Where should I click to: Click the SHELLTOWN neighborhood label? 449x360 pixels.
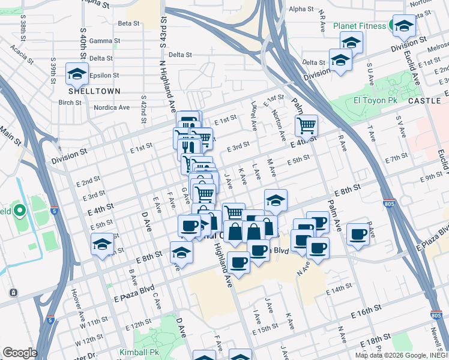click(94, 91)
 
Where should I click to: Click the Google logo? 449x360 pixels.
click(20, 353)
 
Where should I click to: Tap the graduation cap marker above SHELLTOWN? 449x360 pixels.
click(77, 73)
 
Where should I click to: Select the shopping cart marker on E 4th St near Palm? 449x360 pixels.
click(306, 126)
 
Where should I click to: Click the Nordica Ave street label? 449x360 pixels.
click(112, 107)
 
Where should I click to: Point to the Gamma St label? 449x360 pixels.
click(101, 41)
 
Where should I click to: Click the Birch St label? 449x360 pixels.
click(70, 103)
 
